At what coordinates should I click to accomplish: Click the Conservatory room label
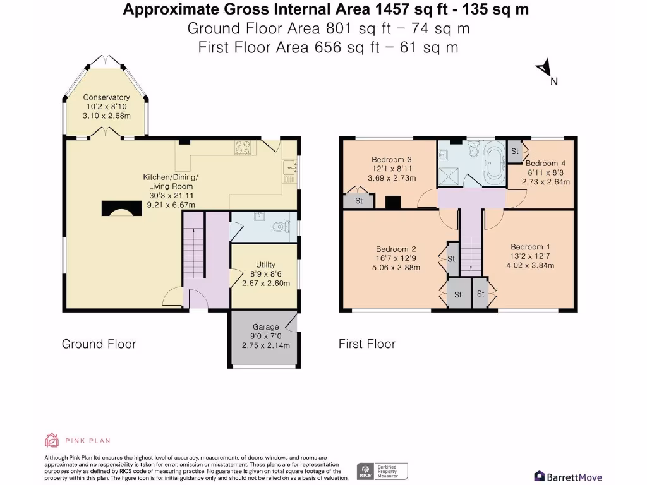pos(106,97)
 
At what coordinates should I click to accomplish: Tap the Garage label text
pos(265,327)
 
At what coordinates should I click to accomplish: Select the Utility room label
pos(265,265)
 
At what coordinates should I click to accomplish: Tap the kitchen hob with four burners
pos(244,147)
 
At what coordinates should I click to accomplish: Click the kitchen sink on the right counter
pos(290,168)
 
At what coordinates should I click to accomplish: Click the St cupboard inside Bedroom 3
pos(358,201)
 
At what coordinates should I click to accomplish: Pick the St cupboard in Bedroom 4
pos(515,152)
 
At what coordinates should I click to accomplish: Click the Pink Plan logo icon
pos(51,440)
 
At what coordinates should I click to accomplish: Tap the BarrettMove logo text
pos(568,477)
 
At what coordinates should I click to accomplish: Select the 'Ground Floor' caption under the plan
pos(99,344)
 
